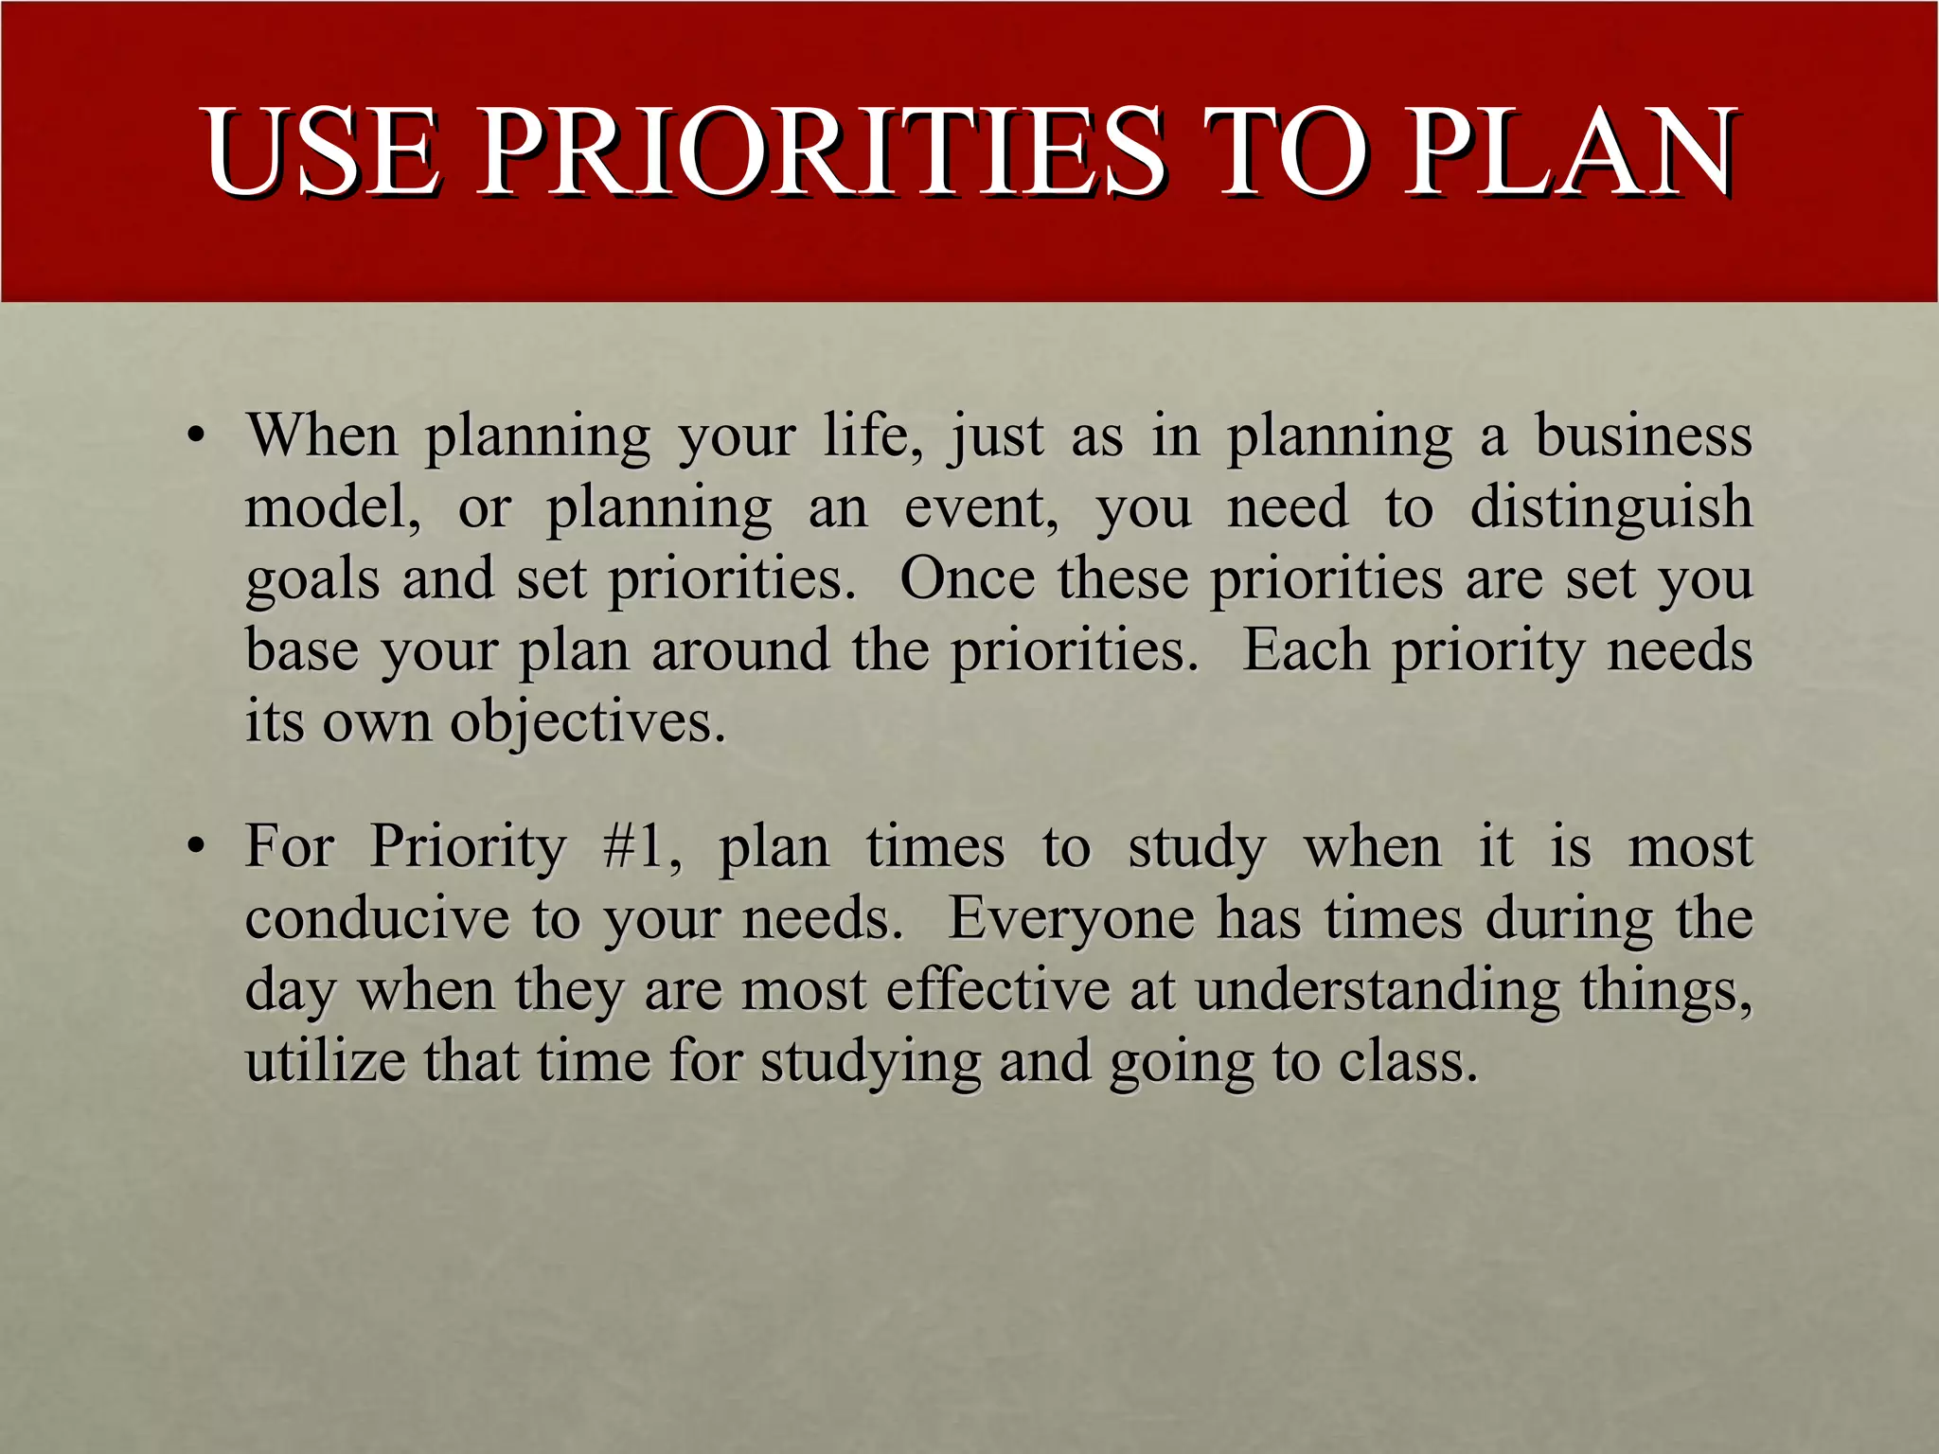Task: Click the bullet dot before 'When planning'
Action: [196, 437]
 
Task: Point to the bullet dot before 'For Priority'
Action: [196, 847]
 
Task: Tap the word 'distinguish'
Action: [1610, 507]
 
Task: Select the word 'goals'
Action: [312, 579]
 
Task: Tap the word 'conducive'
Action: [376, 918]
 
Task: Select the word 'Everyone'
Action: [1071, 918]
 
